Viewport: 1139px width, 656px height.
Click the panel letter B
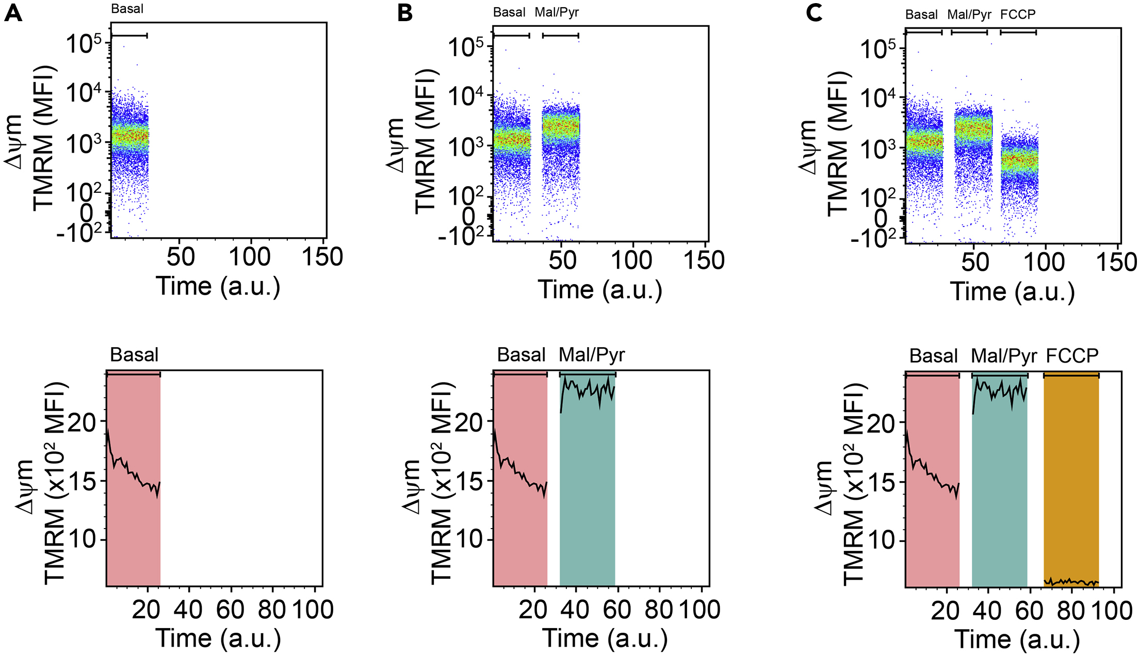click(405, 12)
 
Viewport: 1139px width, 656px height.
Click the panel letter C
click(813, 12)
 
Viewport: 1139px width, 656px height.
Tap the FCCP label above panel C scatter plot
click(1017, 14)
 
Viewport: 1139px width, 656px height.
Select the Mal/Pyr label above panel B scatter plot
click(557, 12)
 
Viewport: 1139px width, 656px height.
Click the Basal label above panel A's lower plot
click(134, 355)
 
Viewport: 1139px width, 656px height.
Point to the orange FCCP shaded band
click(1071, 480)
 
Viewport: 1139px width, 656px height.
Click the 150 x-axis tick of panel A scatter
click(322, 257)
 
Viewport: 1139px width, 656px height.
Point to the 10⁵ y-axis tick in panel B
click(466, 47)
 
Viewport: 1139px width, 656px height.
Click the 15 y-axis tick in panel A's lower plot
click(83, 482)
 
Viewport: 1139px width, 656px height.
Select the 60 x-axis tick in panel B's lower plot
click(616, 610)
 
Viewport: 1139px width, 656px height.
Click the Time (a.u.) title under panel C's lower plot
click(1017, 639)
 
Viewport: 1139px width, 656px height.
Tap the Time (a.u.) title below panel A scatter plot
click(218, 286)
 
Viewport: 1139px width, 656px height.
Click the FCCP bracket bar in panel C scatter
click(1018, 32)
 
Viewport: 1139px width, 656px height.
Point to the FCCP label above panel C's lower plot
click(1072, 356)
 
